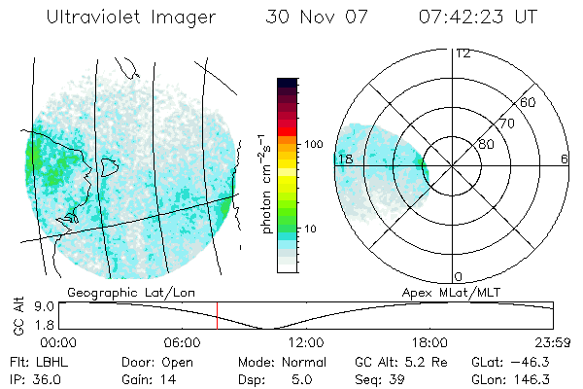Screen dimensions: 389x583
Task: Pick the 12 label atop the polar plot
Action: coord(463,53)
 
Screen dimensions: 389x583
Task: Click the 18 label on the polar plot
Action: coord(344,159)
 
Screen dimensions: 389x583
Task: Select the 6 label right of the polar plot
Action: coord(564,159)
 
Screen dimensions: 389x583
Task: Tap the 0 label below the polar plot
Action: coord(459,276)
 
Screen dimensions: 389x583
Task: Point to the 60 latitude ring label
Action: coord(529,102)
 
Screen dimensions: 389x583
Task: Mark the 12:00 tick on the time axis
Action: coord(306,341)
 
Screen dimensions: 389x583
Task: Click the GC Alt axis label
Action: coord(17,315)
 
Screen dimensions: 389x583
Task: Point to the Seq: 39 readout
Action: coord(381,378)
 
